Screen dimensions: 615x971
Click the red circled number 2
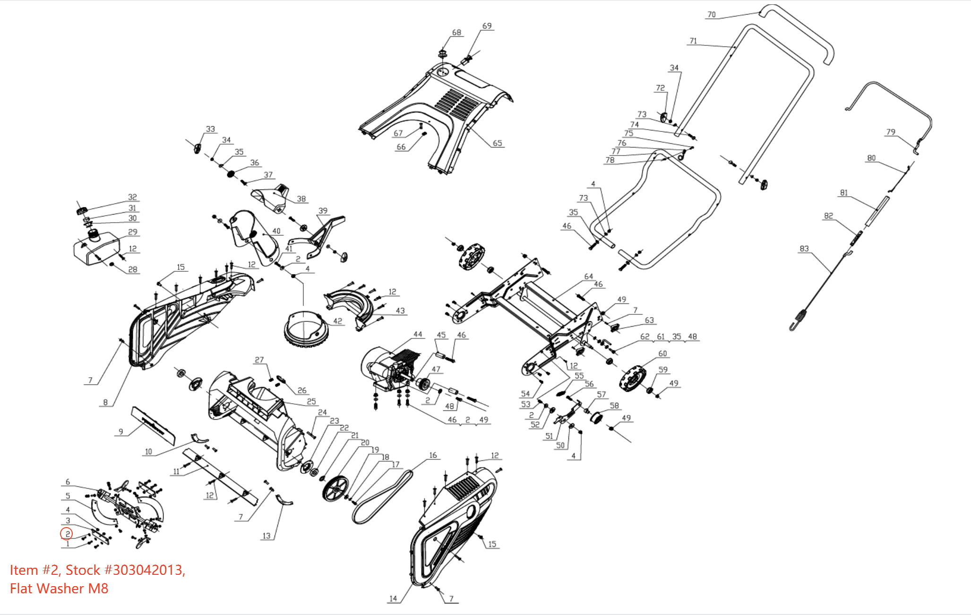[x=67, y=534]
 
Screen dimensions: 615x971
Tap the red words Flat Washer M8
[x=59, y=589]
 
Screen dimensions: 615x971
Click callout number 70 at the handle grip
[x=711, y=15]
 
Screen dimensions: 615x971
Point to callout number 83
[x=804, y=249]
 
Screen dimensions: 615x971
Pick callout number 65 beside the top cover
[x=497, y=143]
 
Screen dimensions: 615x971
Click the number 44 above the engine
[x=418, y=334]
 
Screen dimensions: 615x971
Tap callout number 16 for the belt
[x=433, y=455]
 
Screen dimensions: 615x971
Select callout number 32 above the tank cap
[x=132, y=197]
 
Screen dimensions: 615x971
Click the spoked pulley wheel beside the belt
[x=335, y=489]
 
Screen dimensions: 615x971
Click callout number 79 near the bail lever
[x=890, y=132]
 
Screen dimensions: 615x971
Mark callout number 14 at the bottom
[x=393, y=598]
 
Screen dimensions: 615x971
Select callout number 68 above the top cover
[x=456, y=33]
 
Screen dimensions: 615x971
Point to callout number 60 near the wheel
[x=662, y=354]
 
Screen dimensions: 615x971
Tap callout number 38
[x=301, y=199]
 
